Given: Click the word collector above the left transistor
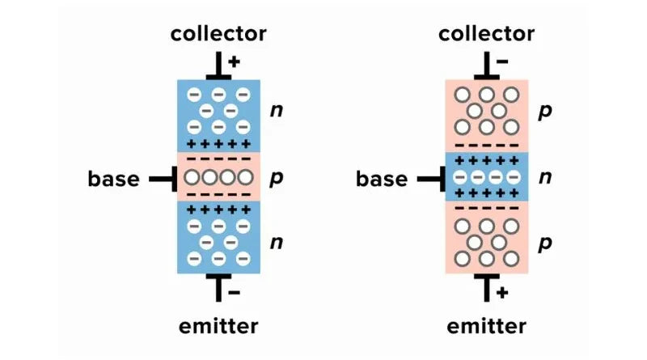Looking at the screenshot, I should pyautogui.click(x=218, y=34).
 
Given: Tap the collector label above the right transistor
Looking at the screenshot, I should pyautogui.click(x=486, y=34).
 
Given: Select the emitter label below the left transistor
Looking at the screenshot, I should pyautogui.click(x=218, y=326).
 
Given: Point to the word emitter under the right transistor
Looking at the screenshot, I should pyautogui.click(x=486, y=326).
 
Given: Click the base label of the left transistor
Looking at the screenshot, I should pyautogui.click(x=114, y=178).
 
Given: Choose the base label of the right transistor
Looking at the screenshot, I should pyautogui.click(x=382, y=178).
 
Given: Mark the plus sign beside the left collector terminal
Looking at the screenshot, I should pyautogui.click(x=235, y=61).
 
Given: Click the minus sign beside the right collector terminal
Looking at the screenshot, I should pyautogui.click(x=503, y=61).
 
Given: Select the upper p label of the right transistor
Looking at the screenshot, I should pyautogui.click(x=545, y=111).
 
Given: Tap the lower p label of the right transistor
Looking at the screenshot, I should pyautogui.click(x=545, y=242).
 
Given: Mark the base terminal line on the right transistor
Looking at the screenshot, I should pyautogui.click(x=429, y=178).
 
